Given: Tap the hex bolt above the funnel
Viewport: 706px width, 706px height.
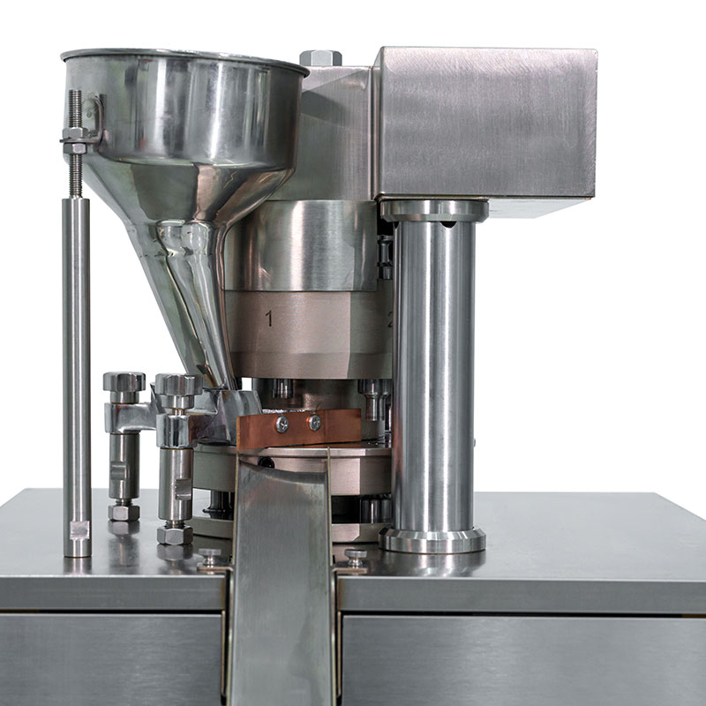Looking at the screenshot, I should pos(320,58).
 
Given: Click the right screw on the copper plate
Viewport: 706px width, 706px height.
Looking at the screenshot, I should pos(315,423).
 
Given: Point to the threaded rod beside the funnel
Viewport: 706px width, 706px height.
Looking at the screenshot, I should pos(76,141).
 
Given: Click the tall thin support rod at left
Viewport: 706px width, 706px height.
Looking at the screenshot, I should pos(77,371).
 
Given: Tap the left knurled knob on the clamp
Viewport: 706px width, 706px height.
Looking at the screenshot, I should pos(124,382).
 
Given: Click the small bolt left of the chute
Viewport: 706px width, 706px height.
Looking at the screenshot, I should pos(210,557).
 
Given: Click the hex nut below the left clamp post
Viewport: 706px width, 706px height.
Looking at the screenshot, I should pos(124,512).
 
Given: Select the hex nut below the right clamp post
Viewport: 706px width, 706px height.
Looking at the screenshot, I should pos(175,535).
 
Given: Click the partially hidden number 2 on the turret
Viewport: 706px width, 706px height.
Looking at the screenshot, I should pos(389,320).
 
